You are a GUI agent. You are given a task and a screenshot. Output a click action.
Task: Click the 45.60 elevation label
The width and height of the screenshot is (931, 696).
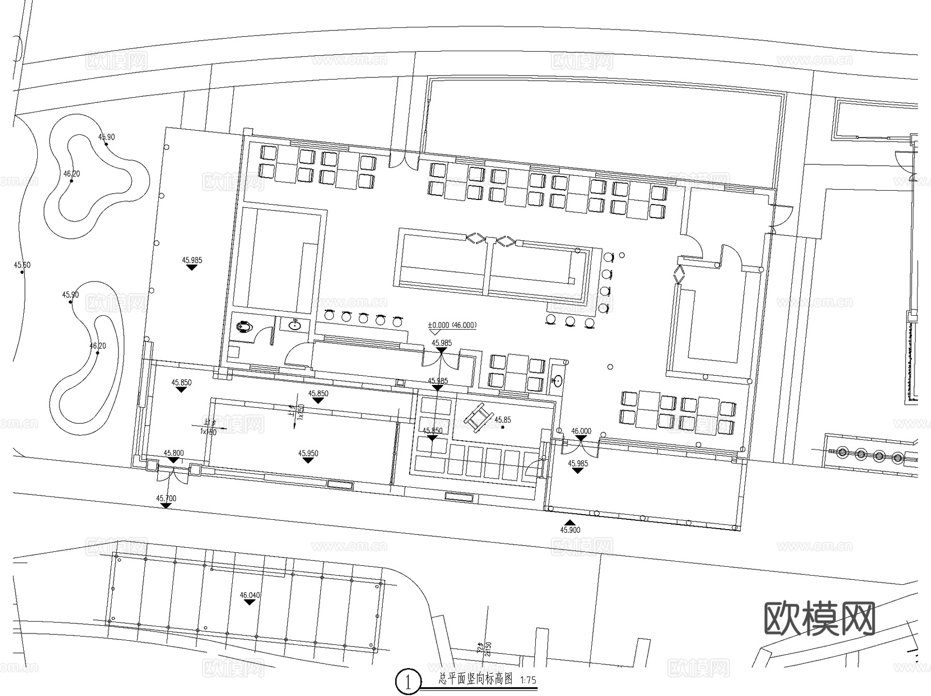click(22, 265)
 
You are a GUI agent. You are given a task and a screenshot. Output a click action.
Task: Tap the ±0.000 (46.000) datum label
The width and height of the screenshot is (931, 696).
click(452, 326)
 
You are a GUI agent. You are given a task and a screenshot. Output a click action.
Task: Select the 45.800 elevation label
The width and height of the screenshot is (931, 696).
click(174, 453)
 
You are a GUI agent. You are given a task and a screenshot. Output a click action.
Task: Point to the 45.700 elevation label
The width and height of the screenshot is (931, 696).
click(166, 499)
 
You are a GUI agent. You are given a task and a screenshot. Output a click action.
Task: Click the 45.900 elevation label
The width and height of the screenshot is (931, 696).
click(570, 530)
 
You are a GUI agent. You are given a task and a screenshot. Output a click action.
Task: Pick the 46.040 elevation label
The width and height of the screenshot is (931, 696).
click(250, 595)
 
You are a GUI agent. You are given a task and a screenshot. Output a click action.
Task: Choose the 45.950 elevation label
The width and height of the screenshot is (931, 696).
click(308, 453)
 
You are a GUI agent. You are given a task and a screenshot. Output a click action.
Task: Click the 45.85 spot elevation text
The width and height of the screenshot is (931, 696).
click(503, 420)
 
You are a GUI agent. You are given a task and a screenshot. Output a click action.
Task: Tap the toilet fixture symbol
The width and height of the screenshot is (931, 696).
click(244, 327)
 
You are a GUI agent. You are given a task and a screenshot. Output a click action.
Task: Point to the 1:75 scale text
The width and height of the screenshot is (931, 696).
click(528, 680)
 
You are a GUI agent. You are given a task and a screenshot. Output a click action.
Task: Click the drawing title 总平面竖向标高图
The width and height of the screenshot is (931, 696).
click(475, 679)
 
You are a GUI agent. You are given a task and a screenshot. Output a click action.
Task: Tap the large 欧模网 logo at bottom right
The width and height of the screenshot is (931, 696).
click(819, 618)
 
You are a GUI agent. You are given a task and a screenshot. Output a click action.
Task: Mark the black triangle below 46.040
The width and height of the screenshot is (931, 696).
click(250, 602)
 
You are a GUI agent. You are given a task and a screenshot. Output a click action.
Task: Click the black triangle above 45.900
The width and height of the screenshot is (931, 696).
click(569, 522)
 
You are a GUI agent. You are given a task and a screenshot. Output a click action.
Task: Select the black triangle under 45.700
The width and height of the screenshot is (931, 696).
click(166, 506)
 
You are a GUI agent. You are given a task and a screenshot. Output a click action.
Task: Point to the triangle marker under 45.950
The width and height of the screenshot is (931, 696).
click(308, 460)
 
